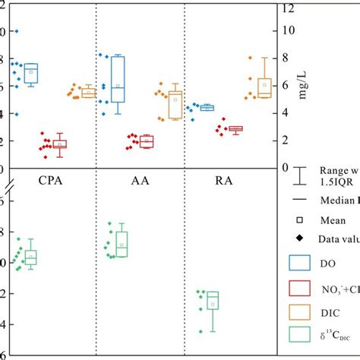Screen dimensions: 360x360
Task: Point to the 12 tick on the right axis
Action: [x=286, y=8]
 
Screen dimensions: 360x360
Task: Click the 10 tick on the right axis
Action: [x=286, y=30]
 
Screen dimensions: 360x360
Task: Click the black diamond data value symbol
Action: [x=302, y=237]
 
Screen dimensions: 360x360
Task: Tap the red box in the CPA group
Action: [x=59, y=144]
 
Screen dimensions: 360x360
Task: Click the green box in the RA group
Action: [x=213, y=301]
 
